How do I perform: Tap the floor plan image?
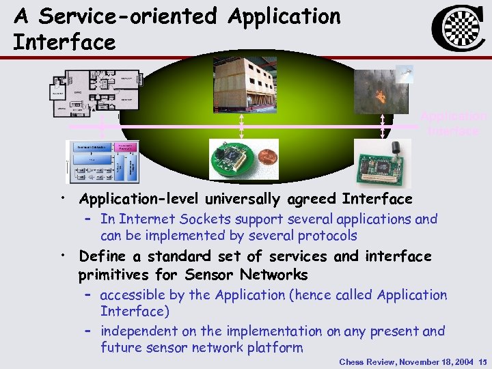tap(96, 92)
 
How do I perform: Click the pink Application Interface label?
tap(453, 123)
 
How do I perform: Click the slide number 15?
tap(483, 361)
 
